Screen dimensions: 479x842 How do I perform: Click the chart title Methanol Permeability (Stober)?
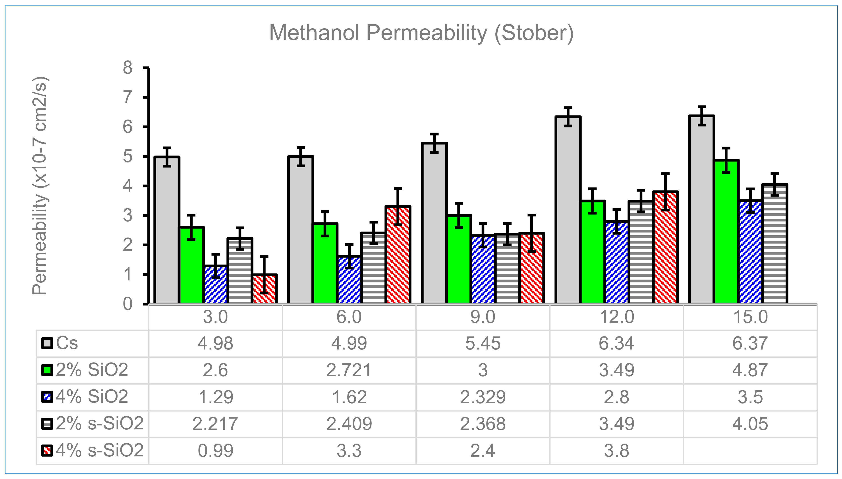[x=421, y=33]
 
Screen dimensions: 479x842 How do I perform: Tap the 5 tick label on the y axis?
[x=128, y=156]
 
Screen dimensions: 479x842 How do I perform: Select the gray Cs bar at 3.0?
[x=167, y=230]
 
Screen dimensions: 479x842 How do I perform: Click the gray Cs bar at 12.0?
[x=568, y=211]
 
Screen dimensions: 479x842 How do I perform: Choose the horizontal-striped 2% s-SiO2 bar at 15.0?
[x=774, y=243]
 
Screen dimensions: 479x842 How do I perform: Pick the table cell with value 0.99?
[x=215, y=450]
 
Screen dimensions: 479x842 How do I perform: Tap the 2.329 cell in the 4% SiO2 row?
[x=483, y=397]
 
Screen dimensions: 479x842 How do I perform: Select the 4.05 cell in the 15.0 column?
[x=750, y=424]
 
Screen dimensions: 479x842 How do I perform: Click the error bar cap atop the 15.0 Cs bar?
[x=702, y=107]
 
